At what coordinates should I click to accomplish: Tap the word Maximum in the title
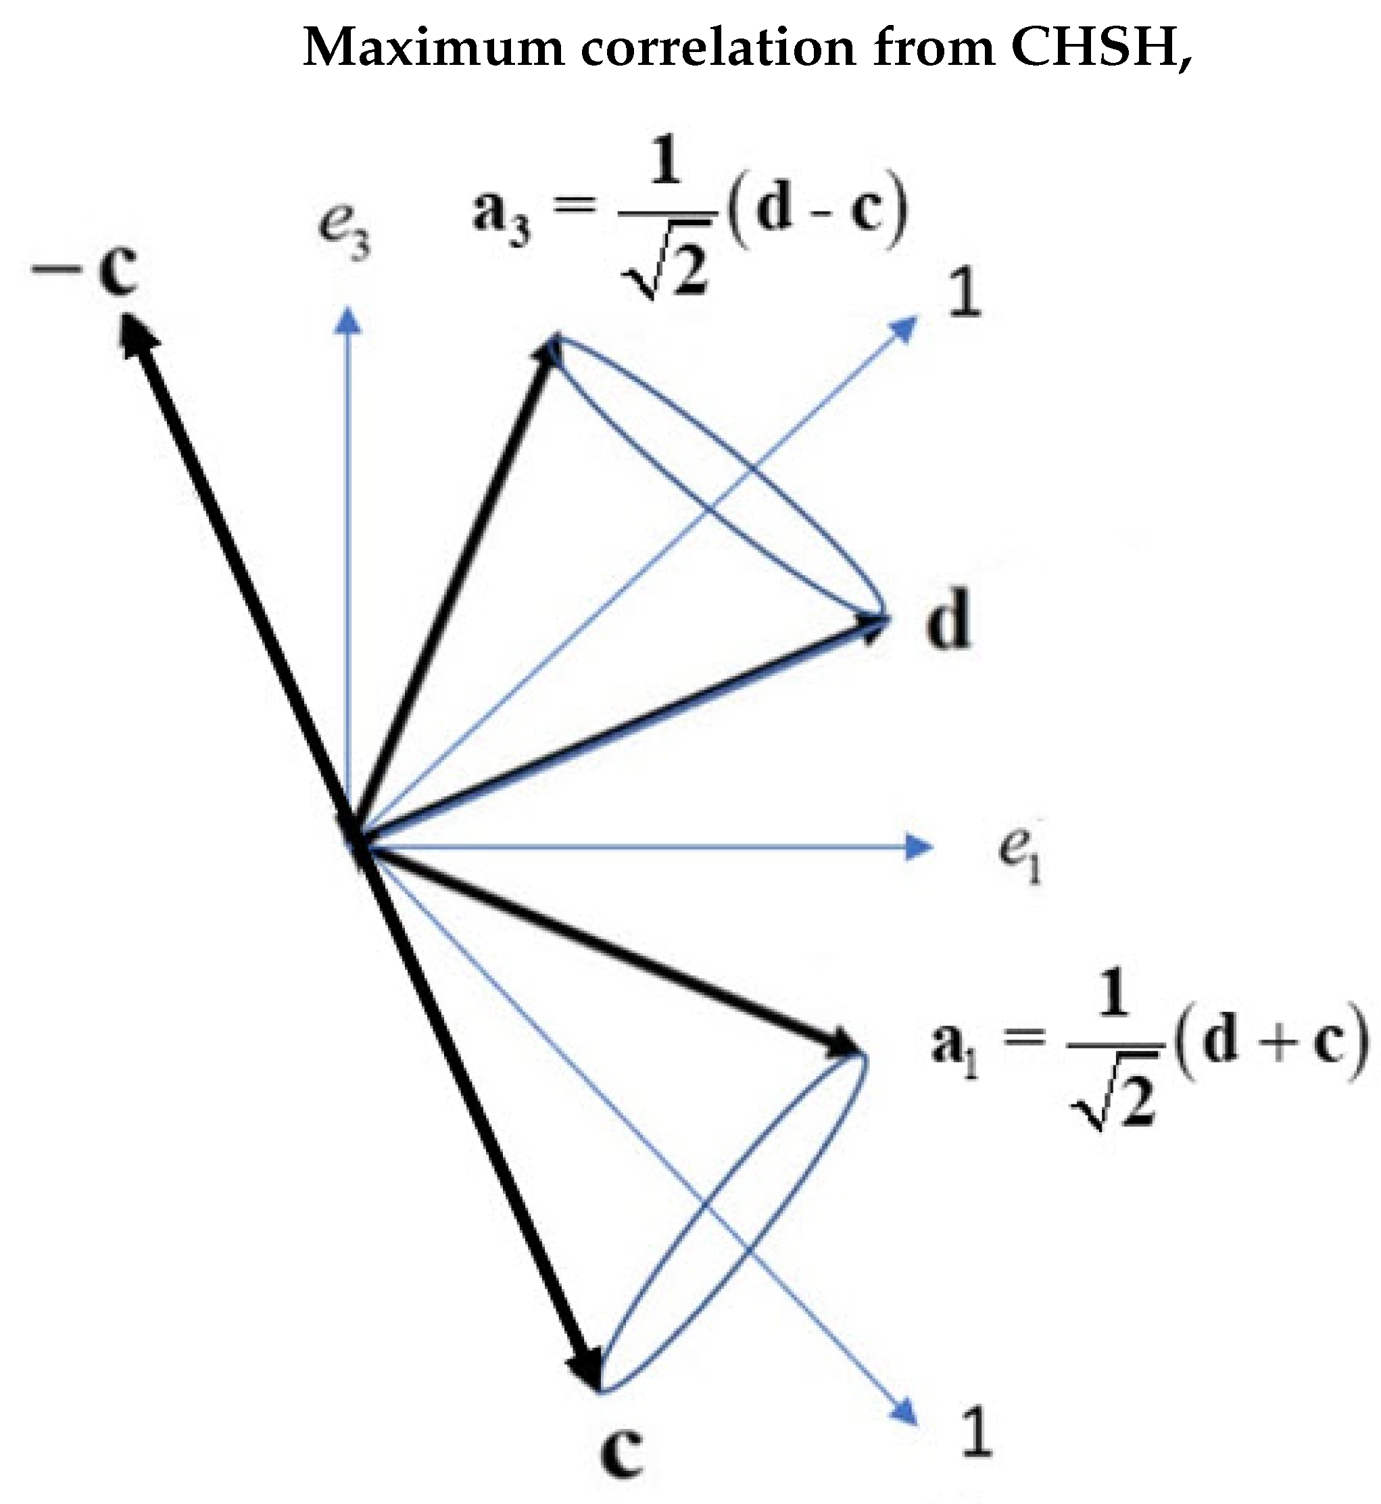click(433, 48)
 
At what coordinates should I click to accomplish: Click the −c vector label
click(86, 269)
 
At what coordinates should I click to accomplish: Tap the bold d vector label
click(948, 618)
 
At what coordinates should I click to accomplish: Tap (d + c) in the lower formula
click(1271, 1040)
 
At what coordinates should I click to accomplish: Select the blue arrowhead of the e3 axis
click(347, 322)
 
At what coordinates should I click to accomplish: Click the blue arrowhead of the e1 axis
click(919, 846)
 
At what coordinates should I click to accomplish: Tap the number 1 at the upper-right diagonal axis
click(965, 293)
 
